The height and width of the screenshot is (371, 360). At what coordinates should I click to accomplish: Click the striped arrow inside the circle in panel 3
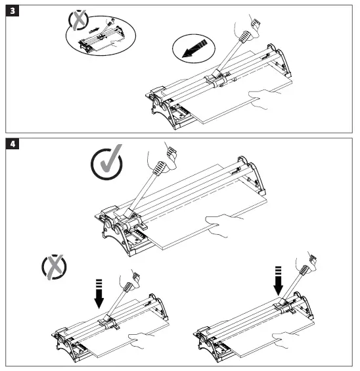click(x=195, y=50)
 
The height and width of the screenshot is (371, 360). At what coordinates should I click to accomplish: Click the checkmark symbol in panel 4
click(x=107, y=164)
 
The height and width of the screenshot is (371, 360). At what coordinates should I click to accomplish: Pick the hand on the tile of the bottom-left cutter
click(x=142, y=339)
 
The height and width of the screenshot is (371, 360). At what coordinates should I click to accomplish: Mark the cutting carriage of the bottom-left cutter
click(x=106, y=322)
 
